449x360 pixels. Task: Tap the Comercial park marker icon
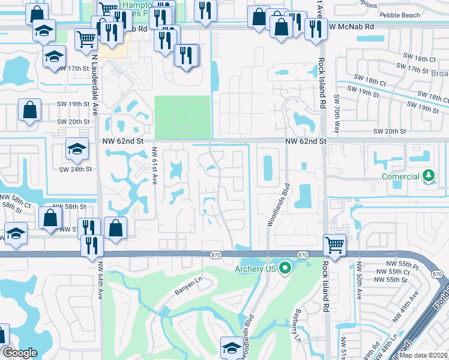[428, 176]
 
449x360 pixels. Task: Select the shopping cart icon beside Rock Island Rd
[334, 244]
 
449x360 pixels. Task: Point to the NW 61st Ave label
[154, 166]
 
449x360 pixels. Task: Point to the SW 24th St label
[74, 169]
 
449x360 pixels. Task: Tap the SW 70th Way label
[333, 110]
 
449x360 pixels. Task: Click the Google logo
[20, 353]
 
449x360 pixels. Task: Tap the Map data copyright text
[424, 355]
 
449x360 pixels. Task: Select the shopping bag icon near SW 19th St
[29, 110]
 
